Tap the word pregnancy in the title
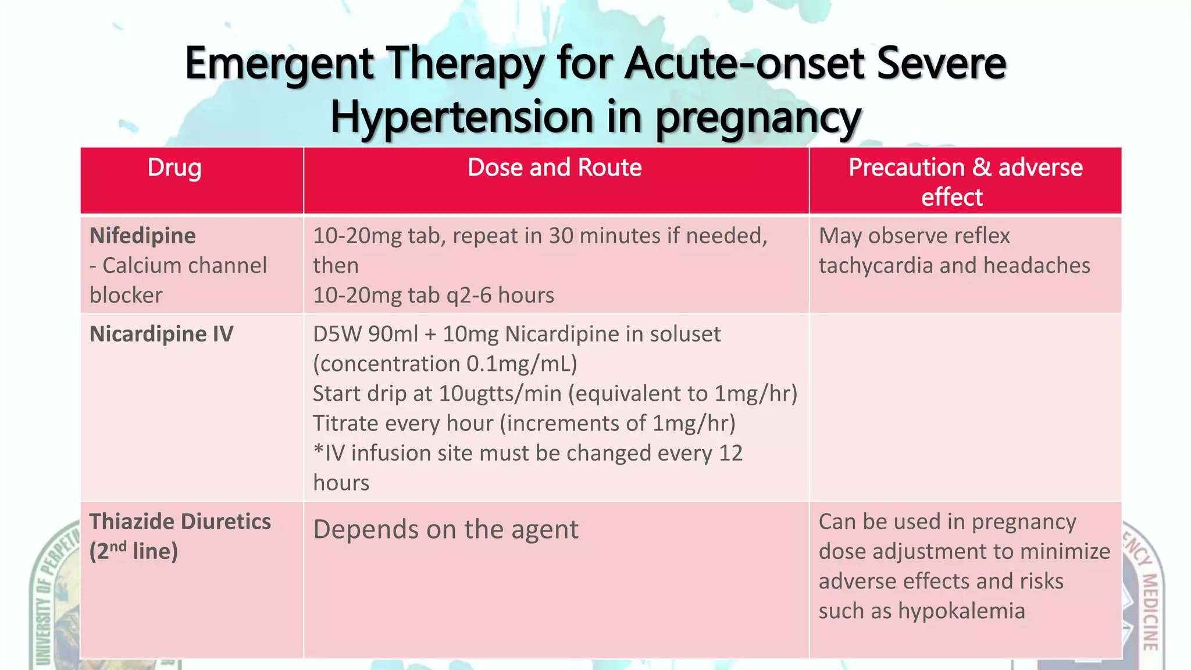[758, 118]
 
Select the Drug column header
[174, 167]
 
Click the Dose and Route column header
[554, 167]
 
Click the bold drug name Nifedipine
[142, 236]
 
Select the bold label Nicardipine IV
[162, 334]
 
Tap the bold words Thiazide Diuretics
[180, 522]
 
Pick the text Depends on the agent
[445, 529]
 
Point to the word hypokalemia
[961, 611]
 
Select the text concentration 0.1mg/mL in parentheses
[445, 364]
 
